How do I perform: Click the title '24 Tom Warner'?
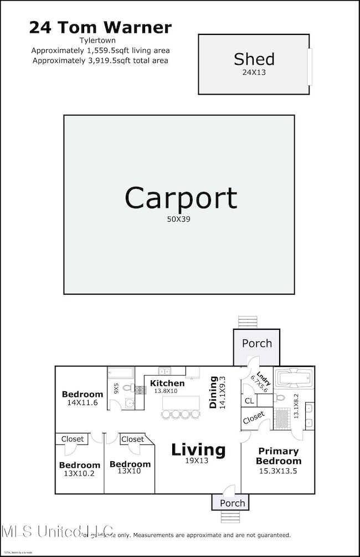coord(100,27)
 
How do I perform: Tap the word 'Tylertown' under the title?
coord(100,40)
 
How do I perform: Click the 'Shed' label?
coord(254,59)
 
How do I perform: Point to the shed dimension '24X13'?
coord(254,71)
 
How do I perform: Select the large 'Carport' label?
coord(181,198)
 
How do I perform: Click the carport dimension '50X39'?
coord(181,219)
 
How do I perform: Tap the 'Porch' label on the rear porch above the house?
coord(256,343)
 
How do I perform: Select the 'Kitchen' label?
coord(167,383)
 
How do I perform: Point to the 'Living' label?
coord(198,449)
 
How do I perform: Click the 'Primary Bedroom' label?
coord(279,456)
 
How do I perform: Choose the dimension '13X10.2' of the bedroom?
coord(79,474)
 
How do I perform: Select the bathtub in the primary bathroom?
coord(294,380)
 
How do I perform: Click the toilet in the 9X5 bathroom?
coord(126,389)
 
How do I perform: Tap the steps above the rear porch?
coord(248,322)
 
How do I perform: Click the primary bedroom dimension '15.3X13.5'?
coord(279,470)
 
